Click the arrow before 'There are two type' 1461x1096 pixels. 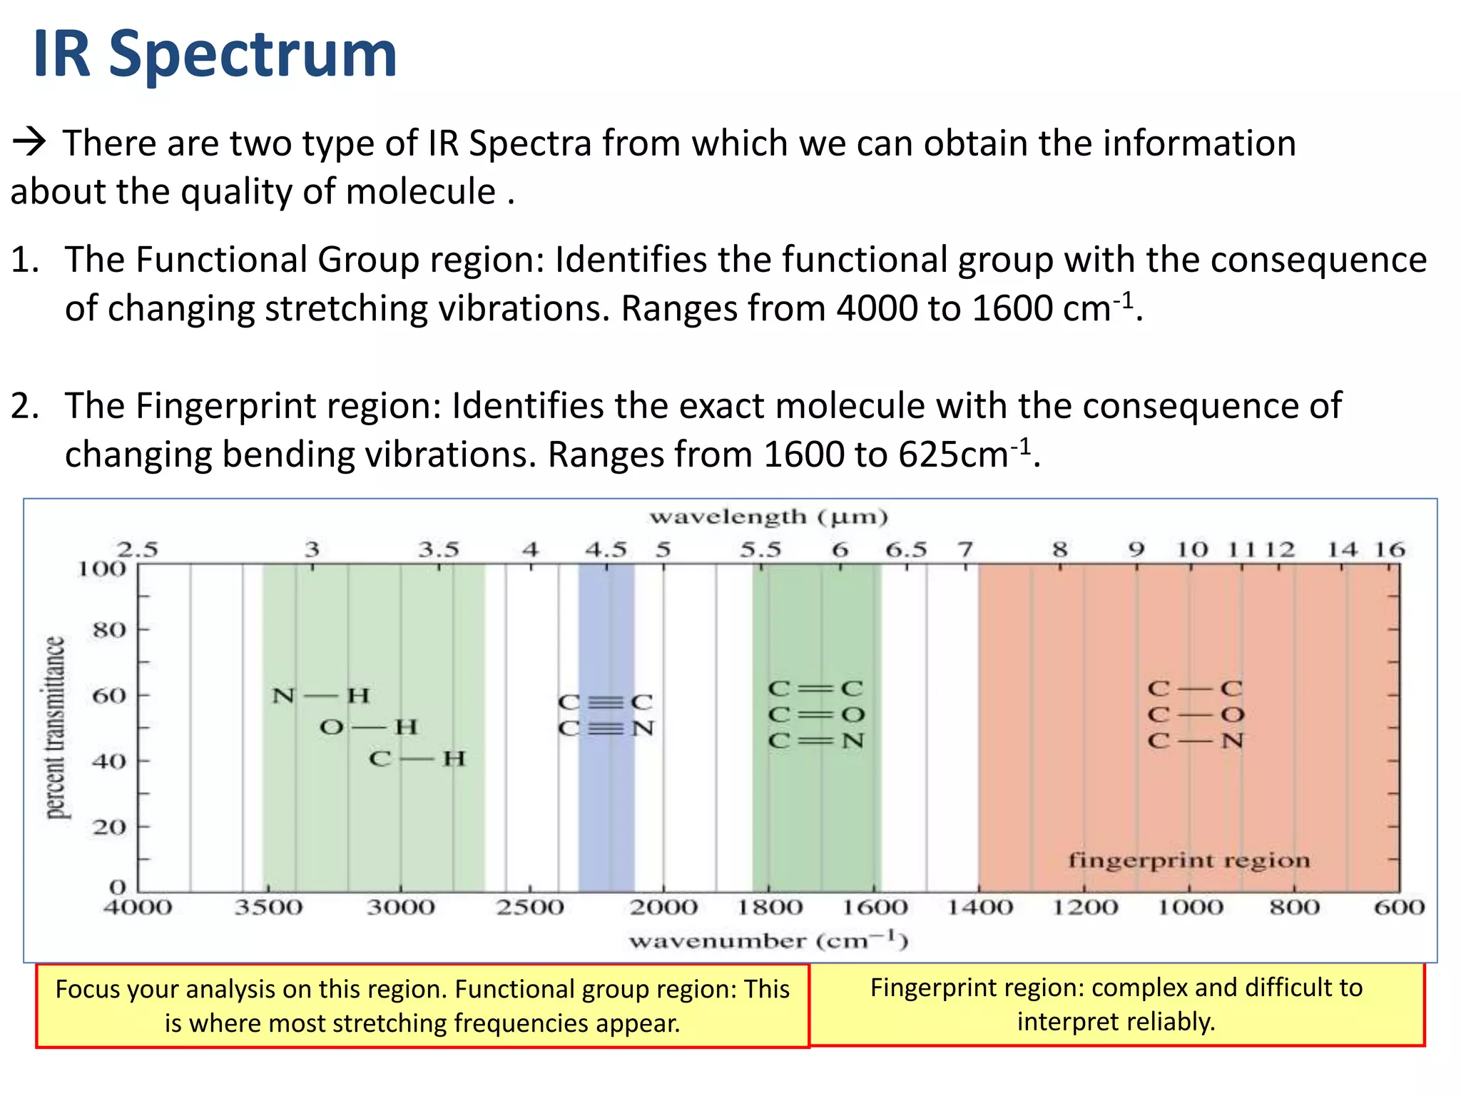[30, 142]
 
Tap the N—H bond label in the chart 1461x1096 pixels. [321, 695]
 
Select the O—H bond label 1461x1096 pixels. [368, 727]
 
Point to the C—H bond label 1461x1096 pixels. [417, 758]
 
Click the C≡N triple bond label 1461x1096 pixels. [606, 729]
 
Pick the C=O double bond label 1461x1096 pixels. [816, 714]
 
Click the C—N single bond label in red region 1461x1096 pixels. [1196, 741]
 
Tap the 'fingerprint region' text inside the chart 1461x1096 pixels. [1188, 861]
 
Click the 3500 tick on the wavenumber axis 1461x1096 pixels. [269, 908]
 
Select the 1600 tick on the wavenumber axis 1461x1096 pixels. [875, 908]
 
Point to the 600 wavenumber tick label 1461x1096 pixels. [1399, 908]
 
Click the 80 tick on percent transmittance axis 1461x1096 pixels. [109, 630]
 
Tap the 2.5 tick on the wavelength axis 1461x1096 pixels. [138, 549]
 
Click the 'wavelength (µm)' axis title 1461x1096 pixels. [768, 517]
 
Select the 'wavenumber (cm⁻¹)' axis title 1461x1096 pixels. [768, 941]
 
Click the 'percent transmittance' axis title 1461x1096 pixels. [56, 728]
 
